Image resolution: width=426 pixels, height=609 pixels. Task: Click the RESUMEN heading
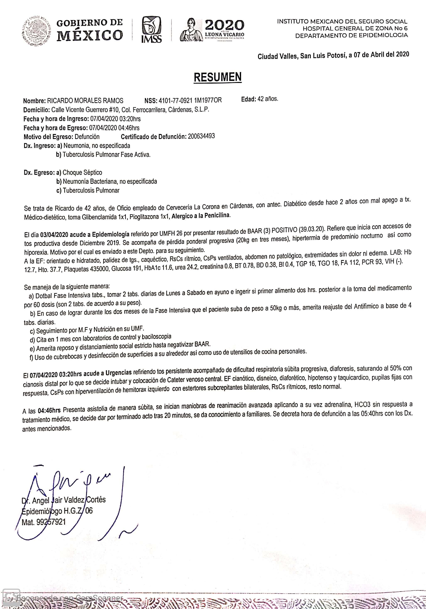click(217, 77)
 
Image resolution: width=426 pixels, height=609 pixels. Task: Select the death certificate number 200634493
click(201, 136)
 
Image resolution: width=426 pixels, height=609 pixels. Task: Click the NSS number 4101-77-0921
click(175, 100)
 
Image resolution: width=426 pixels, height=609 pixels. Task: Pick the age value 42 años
click(268, 99)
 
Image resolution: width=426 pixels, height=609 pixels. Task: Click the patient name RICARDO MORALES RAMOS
click(85, 101)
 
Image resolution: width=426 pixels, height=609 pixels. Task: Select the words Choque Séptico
click(82, 172)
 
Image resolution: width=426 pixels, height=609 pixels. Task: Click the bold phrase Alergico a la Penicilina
click(201, 216)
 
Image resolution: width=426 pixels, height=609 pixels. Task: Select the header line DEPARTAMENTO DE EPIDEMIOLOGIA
click(351, 35)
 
